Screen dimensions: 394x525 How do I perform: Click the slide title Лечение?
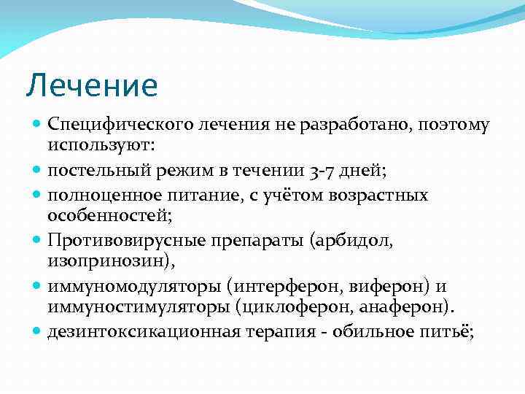pyautogui.click(x=91, y=85)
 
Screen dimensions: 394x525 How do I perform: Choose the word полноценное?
pyautogui.click(x=101, y=196)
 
